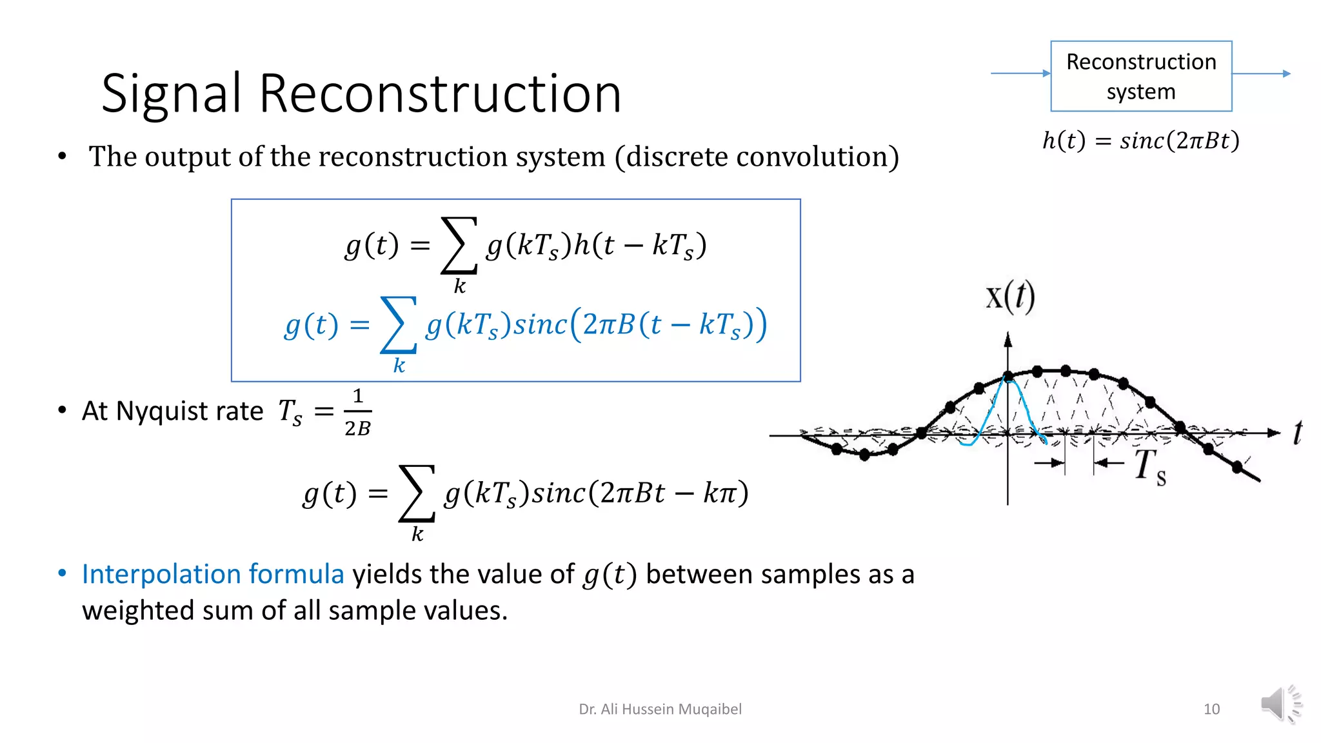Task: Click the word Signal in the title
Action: tap(172, 94)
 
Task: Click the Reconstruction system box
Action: tap(1140, 76)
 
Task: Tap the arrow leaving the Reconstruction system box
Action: tap(1260, 74)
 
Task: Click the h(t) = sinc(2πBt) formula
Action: tap(1140, 141)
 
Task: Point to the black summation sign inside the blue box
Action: tap(459, 246)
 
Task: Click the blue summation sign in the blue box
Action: tap(398, 325)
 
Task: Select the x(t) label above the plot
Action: tap(1010, 297)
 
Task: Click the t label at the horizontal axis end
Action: tap(1297, 432)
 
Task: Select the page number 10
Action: tap(1211, 709)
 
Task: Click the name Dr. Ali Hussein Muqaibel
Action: tap(660, 709)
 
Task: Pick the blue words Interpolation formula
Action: tap(213, 574)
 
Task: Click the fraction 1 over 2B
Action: tap(357, 412)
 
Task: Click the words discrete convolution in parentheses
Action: tap(757, 157)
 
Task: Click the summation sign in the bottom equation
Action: tap(417, 494)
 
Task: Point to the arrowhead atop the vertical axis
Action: tap(1008, 339)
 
